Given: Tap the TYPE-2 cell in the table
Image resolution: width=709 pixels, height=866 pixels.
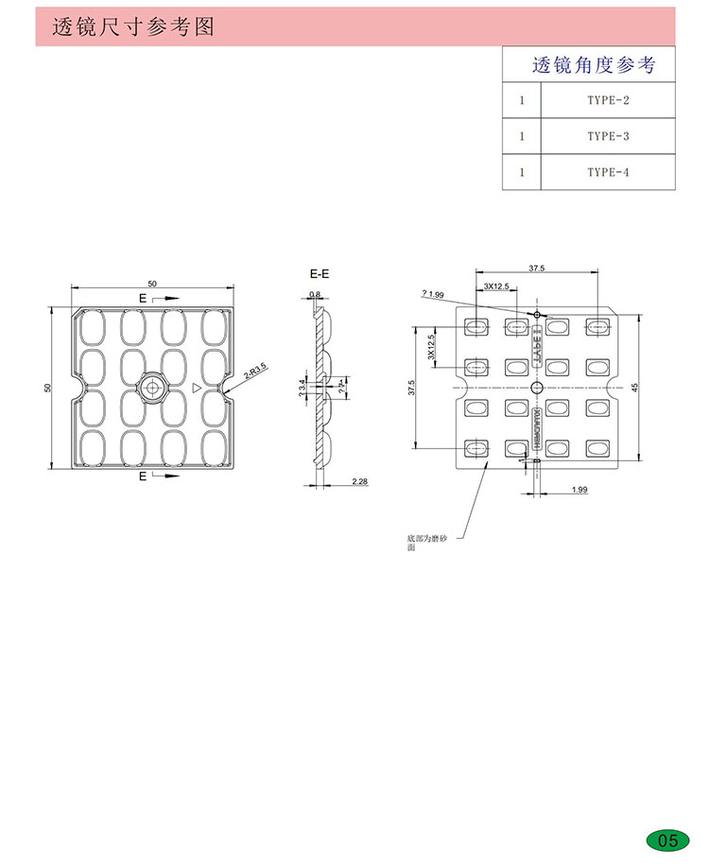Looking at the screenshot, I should tap(607, 99).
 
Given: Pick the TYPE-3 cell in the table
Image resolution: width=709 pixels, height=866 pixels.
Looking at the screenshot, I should tap(607, 135).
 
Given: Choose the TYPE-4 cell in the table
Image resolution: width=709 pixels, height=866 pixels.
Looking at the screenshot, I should tap(607, 171).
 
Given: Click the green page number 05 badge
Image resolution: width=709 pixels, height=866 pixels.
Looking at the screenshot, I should tap(667, 840).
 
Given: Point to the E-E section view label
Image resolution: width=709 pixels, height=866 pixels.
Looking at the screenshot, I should tap(320, 274).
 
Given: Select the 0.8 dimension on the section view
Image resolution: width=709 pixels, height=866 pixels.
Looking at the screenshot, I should tap(315, 295).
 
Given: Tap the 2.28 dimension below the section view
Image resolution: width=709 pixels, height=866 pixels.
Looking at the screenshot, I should tap(359, 482).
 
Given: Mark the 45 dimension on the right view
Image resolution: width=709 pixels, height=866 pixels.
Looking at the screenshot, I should tap(635, 387).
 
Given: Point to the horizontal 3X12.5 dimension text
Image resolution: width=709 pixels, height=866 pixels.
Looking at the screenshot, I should tap(495, 285).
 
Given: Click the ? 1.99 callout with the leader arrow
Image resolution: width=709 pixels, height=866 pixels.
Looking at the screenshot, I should tap(432, 294).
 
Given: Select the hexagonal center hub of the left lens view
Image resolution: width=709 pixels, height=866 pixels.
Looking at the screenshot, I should tap(151, 387).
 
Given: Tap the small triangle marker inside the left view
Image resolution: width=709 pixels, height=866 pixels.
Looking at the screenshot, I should tap(196, 388).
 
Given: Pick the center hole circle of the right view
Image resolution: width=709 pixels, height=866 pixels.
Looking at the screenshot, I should tap(536, 388).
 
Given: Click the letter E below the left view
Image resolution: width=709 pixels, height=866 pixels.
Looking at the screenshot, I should tap(143, 476).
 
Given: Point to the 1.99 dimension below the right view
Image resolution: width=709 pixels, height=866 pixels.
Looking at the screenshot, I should tap(579, 489).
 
